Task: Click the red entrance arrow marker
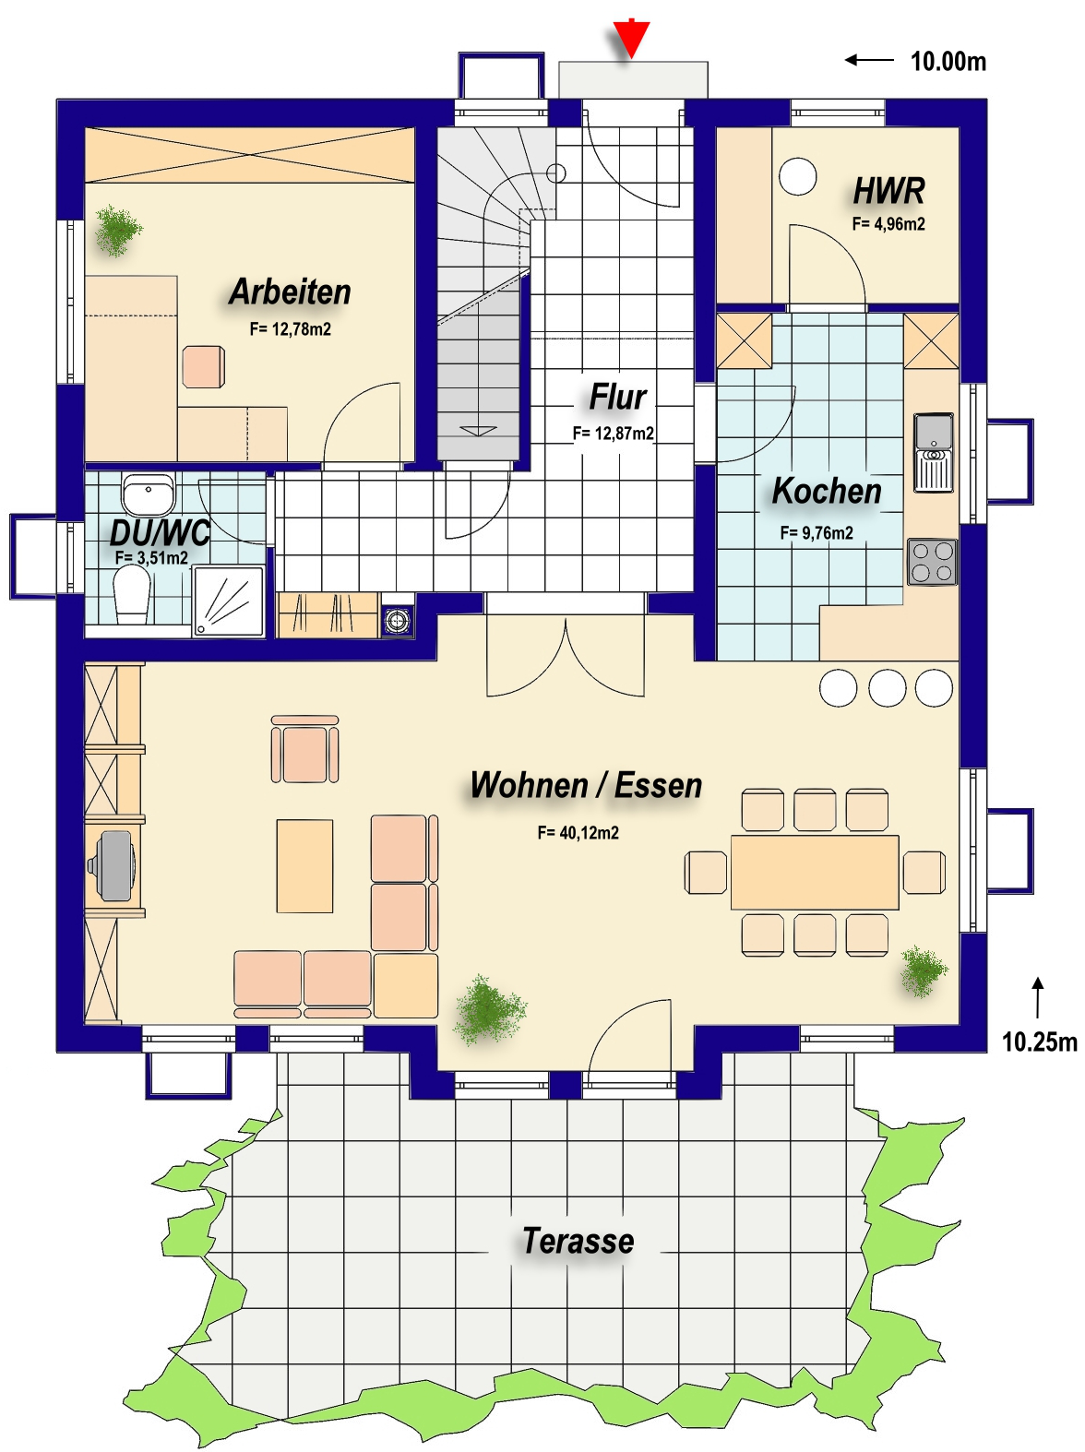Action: [x=630, y=39]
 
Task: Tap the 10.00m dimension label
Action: [x=948, y=62]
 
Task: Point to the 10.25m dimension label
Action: [x=1039, y=1041]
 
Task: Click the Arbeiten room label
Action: [x=290, y=292]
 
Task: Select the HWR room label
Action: [x=888, y=191]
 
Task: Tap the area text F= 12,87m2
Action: [x=613, y=434]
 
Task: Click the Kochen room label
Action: [x=827, y=491]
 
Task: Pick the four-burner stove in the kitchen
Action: [x=932, y=563]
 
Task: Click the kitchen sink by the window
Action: [x=933, y=452]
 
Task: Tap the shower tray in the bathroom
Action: [x=228, y=601]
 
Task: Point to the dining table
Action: [x=815, y=872]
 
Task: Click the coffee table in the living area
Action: [x=304, y=866]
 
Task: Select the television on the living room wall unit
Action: [x=113, y=865]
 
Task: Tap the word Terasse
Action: [x=578, y=1241]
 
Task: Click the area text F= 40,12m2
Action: [x=578, y=833]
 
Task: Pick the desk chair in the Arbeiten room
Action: [x=203, y=366]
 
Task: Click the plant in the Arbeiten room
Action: [x=118, y=231]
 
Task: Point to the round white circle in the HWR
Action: [x=797, y=176]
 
